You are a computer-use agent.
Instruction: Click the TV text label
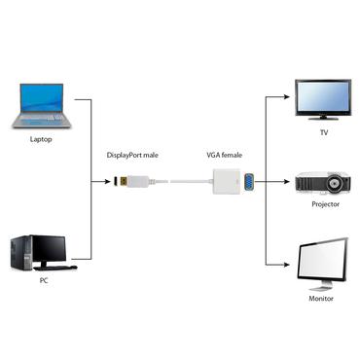pos(324,132)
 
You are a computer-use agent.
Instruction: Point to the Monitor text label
pos(321,298)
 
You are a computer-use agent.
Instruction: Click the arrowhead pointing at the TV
pos(287,98)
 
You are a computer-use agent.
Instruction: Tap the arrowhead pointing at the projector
pos(287,181)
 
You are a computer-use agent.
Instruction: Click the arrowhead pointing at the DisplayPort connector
pos(109,181)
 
